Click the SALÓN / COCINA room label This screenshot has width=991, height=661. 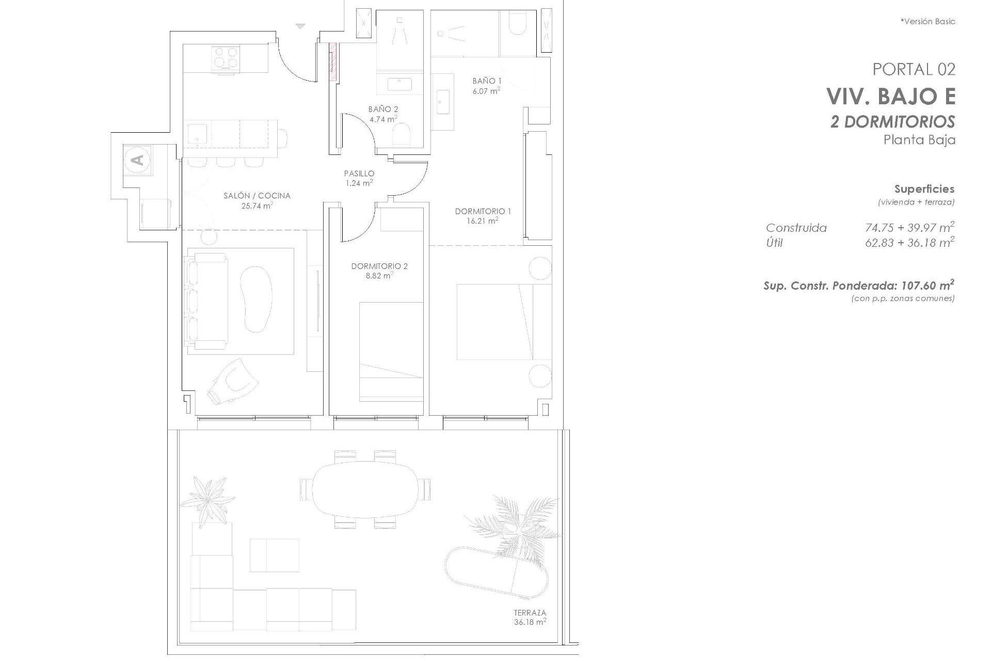[257, 196]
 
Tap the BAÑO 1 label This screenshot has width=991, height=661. [487, 81]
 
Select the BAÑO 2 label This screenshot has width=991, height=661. [383, 109]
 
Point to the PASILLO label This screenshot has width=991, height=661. [359, 174]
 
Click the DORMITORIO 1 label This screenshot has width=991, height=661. [483, 211]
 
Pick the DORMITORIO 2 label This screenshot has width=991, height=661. [379, 266]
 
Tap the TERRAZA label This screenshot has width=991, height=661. [530, 613]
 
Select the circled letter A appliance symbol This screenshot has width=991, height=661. [137, 160]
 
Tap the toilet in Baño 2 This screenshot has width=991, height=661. [401, 136]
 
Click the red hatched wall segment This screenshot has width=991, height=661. [333, 61]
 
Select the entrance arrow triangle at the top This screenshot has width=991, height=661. [300, 26]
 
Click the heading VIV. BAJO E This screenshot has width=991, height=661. [890, 97]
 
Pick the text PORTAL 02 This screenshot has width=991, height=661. [914, 69]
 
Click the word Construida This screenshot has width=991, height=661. [796, 228]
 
